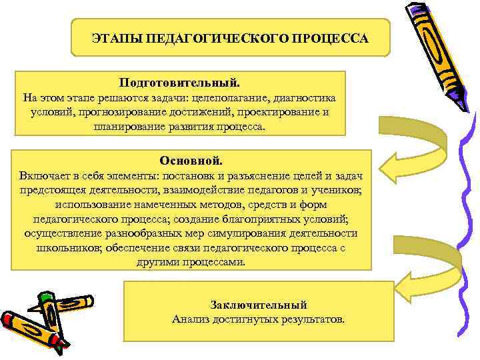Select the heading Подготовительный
click(179, 83)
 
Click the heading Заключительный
click(259, 305)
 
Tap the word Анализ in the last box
click(191, 319)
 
